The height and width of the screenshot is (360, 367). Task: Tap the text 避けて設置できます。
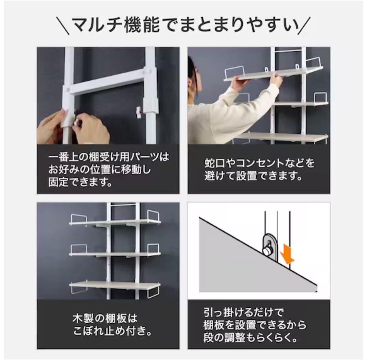click(x=253, y=177)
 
